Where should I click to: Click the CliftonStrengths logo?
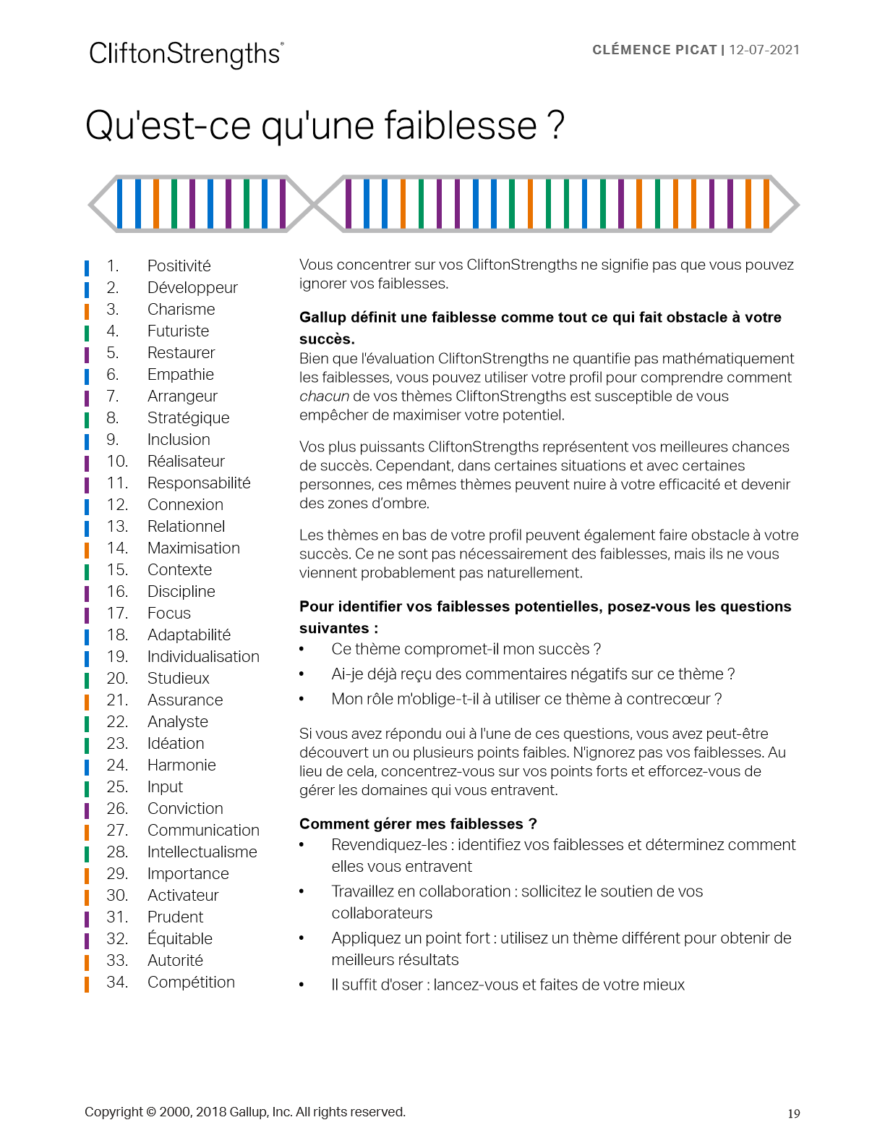[x=186, y=54]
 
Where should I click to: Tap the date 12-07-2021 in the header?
[x=764, y=50]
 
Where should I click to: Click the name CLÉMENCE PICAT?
[x=654, y=50]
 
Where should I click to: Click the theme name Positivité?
[x=179, y=266]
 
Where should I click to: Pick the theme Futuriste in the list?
[x=178, y=331]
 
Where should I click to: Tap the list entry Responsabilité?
[x=199, y=483]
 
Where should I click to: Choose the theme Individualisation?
[x=203, y=657]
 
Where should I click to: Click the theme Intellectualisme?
[x=202, y=852]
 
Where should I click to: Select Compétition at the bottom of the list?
[x=191, y=982]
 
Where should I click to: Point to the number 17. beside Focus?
[x=117, y=614]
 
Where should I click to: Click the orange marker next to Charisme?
[x=87, y=310]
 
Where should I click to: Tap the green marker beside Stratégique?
[x=87, y=419]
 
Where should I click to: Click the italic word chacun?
[x=324, y=396]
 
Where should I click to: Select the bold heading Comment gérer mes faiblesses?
[x=418, y=824]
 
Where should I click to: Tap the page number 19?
[x=794, y=1114]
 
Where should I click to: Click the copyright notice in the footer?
[x=245, y=1112]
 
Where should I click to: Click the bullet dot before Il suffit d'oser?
[x=302, y=985]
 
